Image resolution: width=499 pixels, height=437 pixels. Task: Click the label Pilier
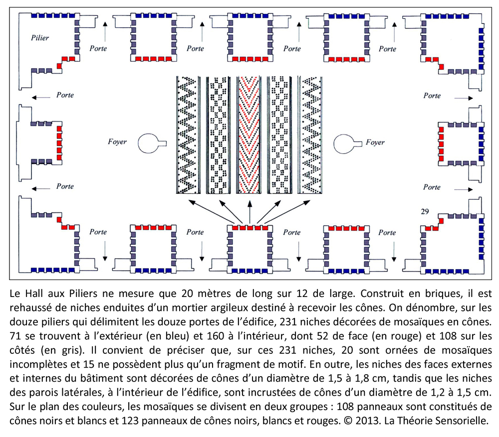coord(40,38)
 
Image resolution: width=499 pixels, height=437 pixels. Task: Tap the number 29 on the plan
coord(425,211)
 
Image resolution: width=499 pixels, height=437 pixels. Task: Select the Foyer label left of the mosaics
coord(117,142)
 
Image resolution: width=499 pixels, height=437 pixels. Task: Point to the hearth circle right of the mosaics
coord(347,144)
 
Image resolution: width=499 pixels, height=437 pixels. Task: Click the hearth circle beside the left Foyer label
coord(152,144)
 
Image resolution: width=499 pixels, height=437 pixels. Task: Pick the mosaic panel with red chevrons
coord(249,135)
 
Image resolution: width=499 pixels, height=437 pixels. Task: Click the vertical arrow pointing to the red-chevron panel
coord(250,212)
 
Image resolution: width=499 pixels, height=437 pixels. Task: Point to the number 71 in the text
coord(15,336)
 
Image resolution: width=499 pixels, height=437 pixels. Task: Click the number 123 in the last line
coord(131,421)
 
